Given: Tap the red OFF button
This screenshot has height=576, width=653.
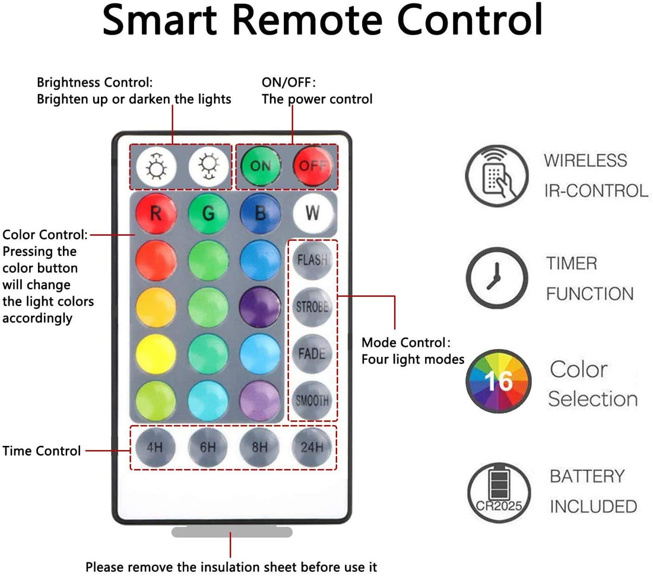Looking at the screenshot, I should click(312, 166).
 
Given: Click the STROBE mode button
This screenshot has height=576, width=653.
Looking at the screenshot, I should click(312, 307).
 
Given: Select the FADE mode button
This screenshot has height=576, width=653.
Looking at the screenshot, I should click(312, 354).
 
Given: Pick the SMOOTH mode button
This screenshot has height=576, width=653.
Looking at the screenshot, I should click(312, 400).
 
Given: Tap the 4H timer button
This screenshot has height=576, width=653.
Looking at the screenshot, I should click(155, 447).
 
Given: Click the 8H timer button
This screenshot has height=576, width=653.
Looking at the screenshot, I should click(260, 447).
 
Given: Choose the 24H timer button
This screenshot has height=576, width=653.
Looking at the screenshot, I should click(312, 447).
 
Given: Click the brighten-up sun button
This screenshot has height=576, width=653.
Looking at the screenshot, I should click(156, 167).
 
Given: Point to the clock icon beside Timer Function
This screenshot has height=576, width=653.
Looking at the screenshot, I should click(496, 278).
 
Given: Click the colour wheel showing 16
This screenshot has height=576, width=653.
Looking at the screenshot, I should click(497, 381).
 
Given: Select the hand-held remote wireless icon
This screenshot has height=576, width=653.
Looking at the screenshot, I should click(496, 176).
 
